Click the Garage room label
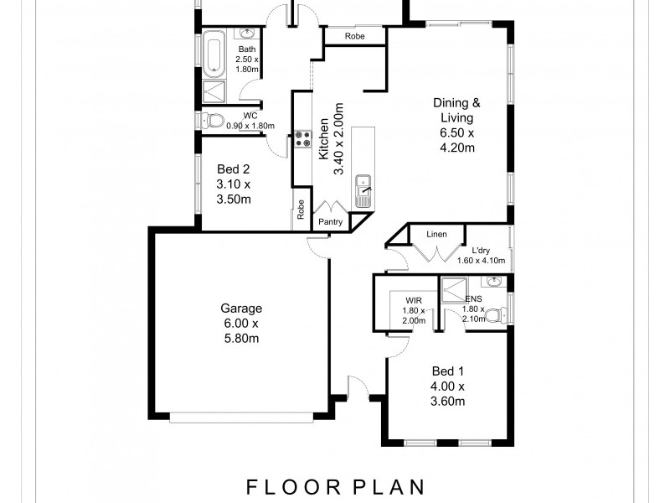point(242,308)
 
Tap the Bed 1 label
point(448,371)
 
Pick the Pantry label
point(329,222)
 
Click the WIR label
point(413,298)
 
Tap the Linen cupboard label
point(435,235)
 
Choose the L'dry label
point(481,250)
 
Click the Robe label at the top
point(354,36)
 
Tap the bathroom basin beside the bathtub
point(248,33)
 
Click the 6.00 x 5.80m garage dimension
point(242,331)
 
